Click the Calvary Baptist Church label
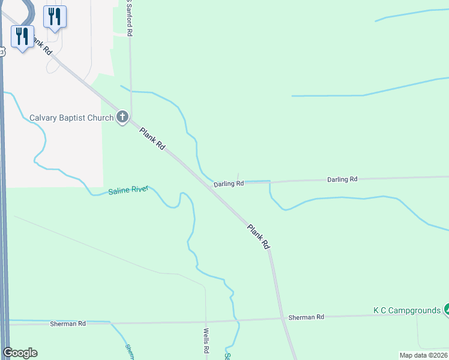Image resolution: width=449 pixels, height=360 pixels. [x=71, y=118]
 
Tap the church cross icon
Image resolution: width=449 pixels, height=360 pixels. [x=123, y=117]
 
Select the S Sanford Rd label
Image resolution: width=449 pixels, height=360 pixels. [x=128, y=18]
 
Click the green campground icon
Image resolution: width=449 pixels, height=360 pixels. [x=447, y=310]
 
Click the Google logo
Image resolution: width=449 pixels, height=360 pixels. [x=20, y=352]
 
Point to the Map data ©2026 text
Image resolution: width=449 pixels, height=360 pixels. [x=423, y=355]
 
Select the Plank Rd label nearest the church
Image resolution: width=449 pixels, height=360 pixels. [x=152, y=139]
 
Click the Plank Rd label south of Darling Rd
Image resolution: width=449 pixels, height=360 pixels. [x=259, y=236]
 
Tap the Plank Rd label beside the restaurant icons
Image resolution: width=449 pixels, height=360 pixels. [x=41, y=46]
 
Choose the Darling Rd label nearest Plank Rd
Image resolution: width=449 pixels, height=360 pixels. [x=229, y=184]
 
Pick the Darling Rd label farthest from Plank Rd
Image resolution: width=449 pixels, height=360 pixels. [x=342, y=179]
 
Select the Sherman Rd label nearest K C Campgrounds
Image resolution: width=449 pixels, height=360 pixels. [x=306, y=317]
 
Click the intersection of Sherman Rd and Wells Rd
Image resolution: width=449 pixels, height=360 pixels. [x=206, y=321]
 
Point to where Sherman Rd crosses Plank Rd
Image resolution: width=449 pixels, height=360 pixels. [x=282, y=319]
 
